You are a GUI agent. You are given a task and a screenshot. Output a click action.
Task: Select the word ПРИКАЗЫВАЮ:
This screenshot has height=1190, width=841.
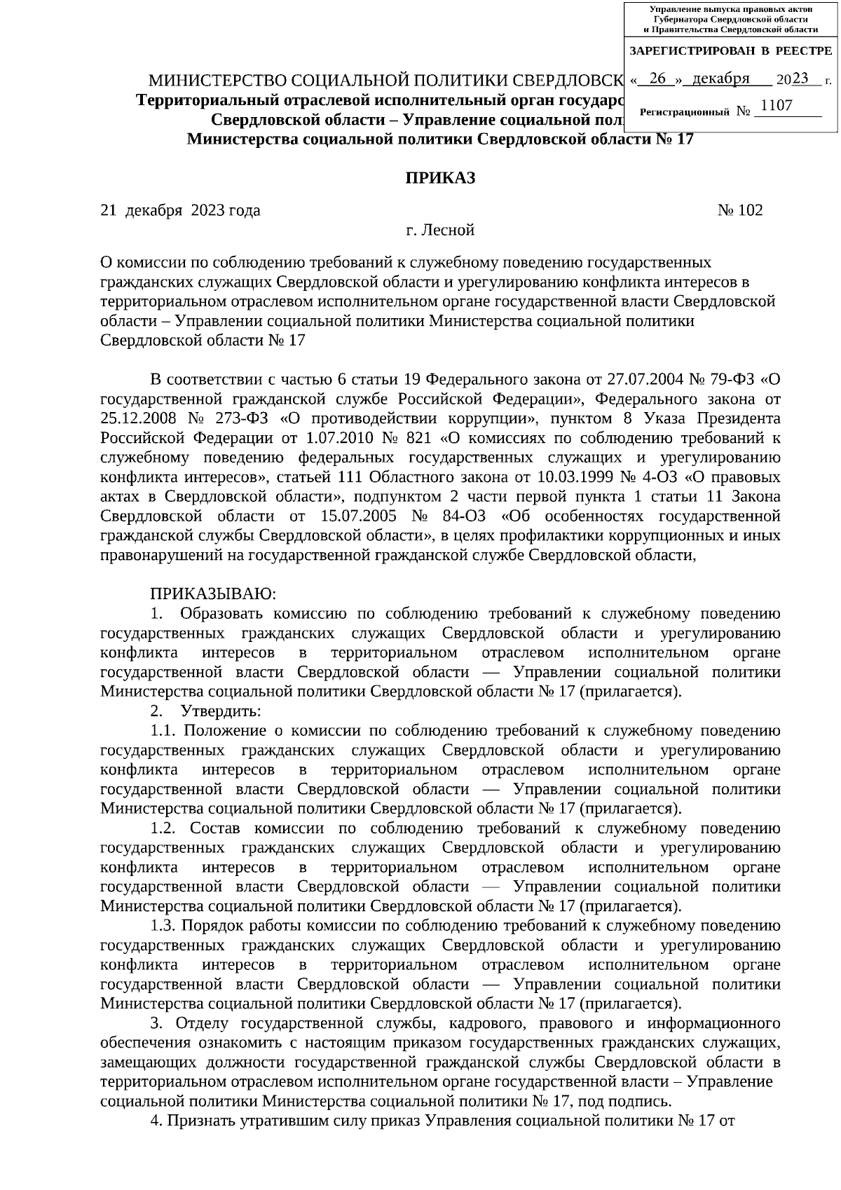pyautogui.click(x=213, y=594)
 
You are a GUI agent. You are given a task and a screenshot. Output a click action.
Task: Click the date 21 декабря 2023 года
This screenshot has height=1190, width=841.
pyautogui.click(x=181, y=210)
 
